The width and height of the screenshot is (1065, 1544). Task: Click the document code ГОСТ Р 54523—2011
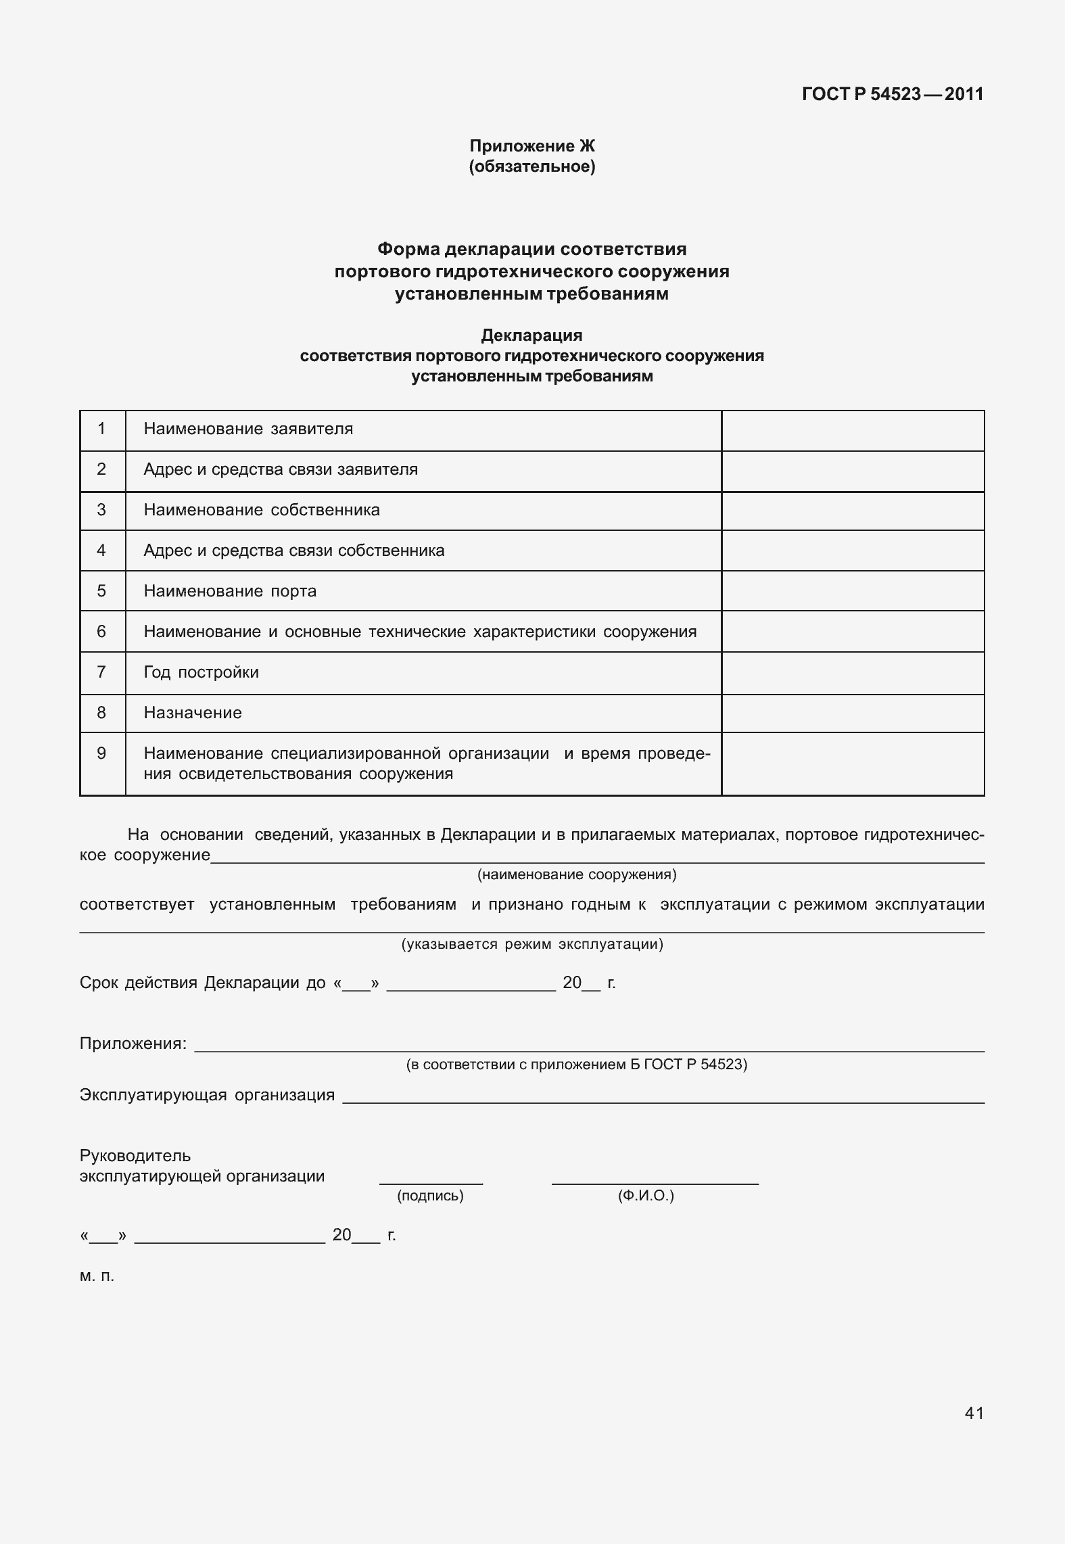point(892,94)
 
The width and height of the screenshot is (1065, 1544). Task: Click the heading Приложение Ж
point(532,146)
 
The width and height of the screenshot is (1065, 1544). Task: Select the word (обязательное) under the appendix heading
point(532,166)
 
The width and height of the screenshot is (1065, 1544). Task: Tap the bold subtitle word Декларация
point(531,335)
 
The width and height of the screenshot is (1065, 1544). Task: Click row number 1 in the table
point(101,429)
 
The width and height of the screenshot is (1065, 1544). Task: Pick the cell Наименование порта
point(230,591)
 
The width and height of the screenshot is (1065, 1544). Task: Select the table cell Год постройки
point(201,672)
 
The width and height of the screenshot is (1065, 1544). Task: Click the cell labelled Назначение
point(193,713)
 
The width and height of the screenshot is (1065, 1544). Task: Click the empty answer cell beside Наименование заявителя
point(852,430)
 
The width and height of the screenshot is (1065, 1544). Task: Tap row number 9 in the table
point(101,753)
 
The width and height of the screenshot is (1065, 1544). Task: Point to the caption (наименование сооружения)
point(577,874)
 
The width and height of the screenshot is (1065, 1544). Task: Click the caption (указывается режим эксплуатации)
point(532,944)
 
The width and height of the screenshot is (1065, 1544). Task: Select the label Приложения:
point(133,1044)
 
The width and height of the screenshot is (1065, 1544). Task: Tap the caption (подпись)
point(430,1196)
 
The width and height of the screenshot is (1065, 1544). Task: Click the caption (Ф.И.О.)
point(646,1196)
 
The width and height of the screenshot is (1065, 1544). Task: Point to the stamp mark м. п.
point(97,1276)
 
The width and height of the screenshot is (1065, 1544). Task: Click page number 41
point(974,1413)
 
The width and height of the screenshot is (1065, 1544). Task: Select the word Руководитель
point(135,1156)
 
